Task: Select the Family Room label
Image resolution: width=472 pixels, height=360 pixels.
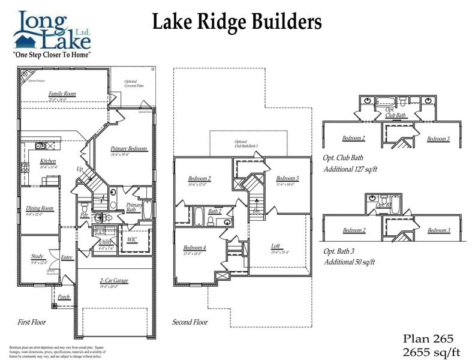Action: (x=62, y=94)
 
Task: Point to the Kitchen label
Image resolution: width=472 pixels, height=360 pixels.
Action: (x=48, y=161)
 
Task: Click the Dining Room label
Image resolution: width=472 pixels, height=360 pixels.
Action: (x=40, y=208)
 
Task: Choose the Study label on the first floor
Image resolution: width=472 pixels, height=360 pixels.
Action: (x=37, y=256)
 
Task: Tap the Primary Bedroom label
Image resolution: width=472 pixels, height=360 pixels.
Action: (x=128, y=148)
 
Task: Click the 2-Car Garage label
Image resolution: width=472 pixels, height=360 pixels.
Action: (x=113, y=280)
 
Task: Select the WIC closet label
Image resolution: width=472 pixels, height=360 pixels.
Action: (x=132, y=239)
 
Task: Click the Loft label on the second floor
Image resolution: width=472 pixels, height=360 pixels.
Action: (x=275, y=245)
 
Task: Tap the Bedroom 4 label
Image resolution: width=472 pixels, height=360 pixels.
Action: (x=195, y=248)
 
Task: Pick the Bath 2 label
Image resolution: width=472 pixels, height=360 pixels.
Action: (x=215, y=211)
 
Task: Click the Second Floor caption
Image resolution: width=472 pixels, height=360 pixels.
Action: (x=190, y=322)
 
